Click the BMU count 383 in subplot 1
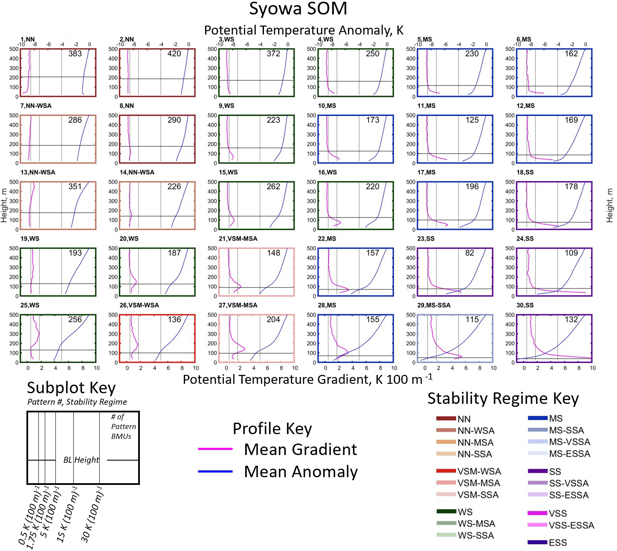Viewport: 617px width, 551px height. pos(75,54)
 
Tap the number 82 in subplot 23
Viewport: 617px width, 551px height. pos(469,253)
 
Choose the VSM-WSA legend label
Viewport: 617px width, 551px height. pos(479,471)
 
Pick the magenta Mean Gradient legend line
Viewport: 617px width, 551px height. pos(215,449)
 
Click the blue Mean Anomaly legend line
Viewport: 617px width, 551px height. pos(215,471)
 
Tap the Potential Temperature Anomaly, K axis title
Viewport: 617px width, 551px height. pos(304,30)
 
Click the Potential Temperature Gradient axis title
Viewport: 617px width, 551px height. pos(307,379)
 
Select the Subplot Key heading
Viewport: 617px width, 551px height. pos(71,388)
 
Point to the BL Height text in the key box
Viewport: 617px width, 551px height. pos(81,460)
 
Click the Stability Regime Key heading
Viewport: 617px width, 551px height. pos(503,398)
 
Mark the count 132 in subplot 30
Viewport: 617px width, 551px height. pos(571,319)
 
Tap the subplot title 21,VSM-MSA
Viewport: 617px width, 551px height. pos(238,239)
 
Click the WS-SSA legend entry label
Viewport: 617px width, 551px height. pos(476,536)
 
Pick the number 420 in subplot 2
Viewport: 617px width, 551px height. pos(174,54)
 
